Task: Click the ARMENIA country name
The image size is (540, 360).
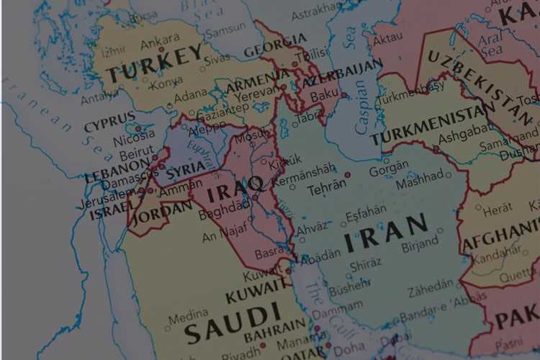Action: click(x=258, y=81)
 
